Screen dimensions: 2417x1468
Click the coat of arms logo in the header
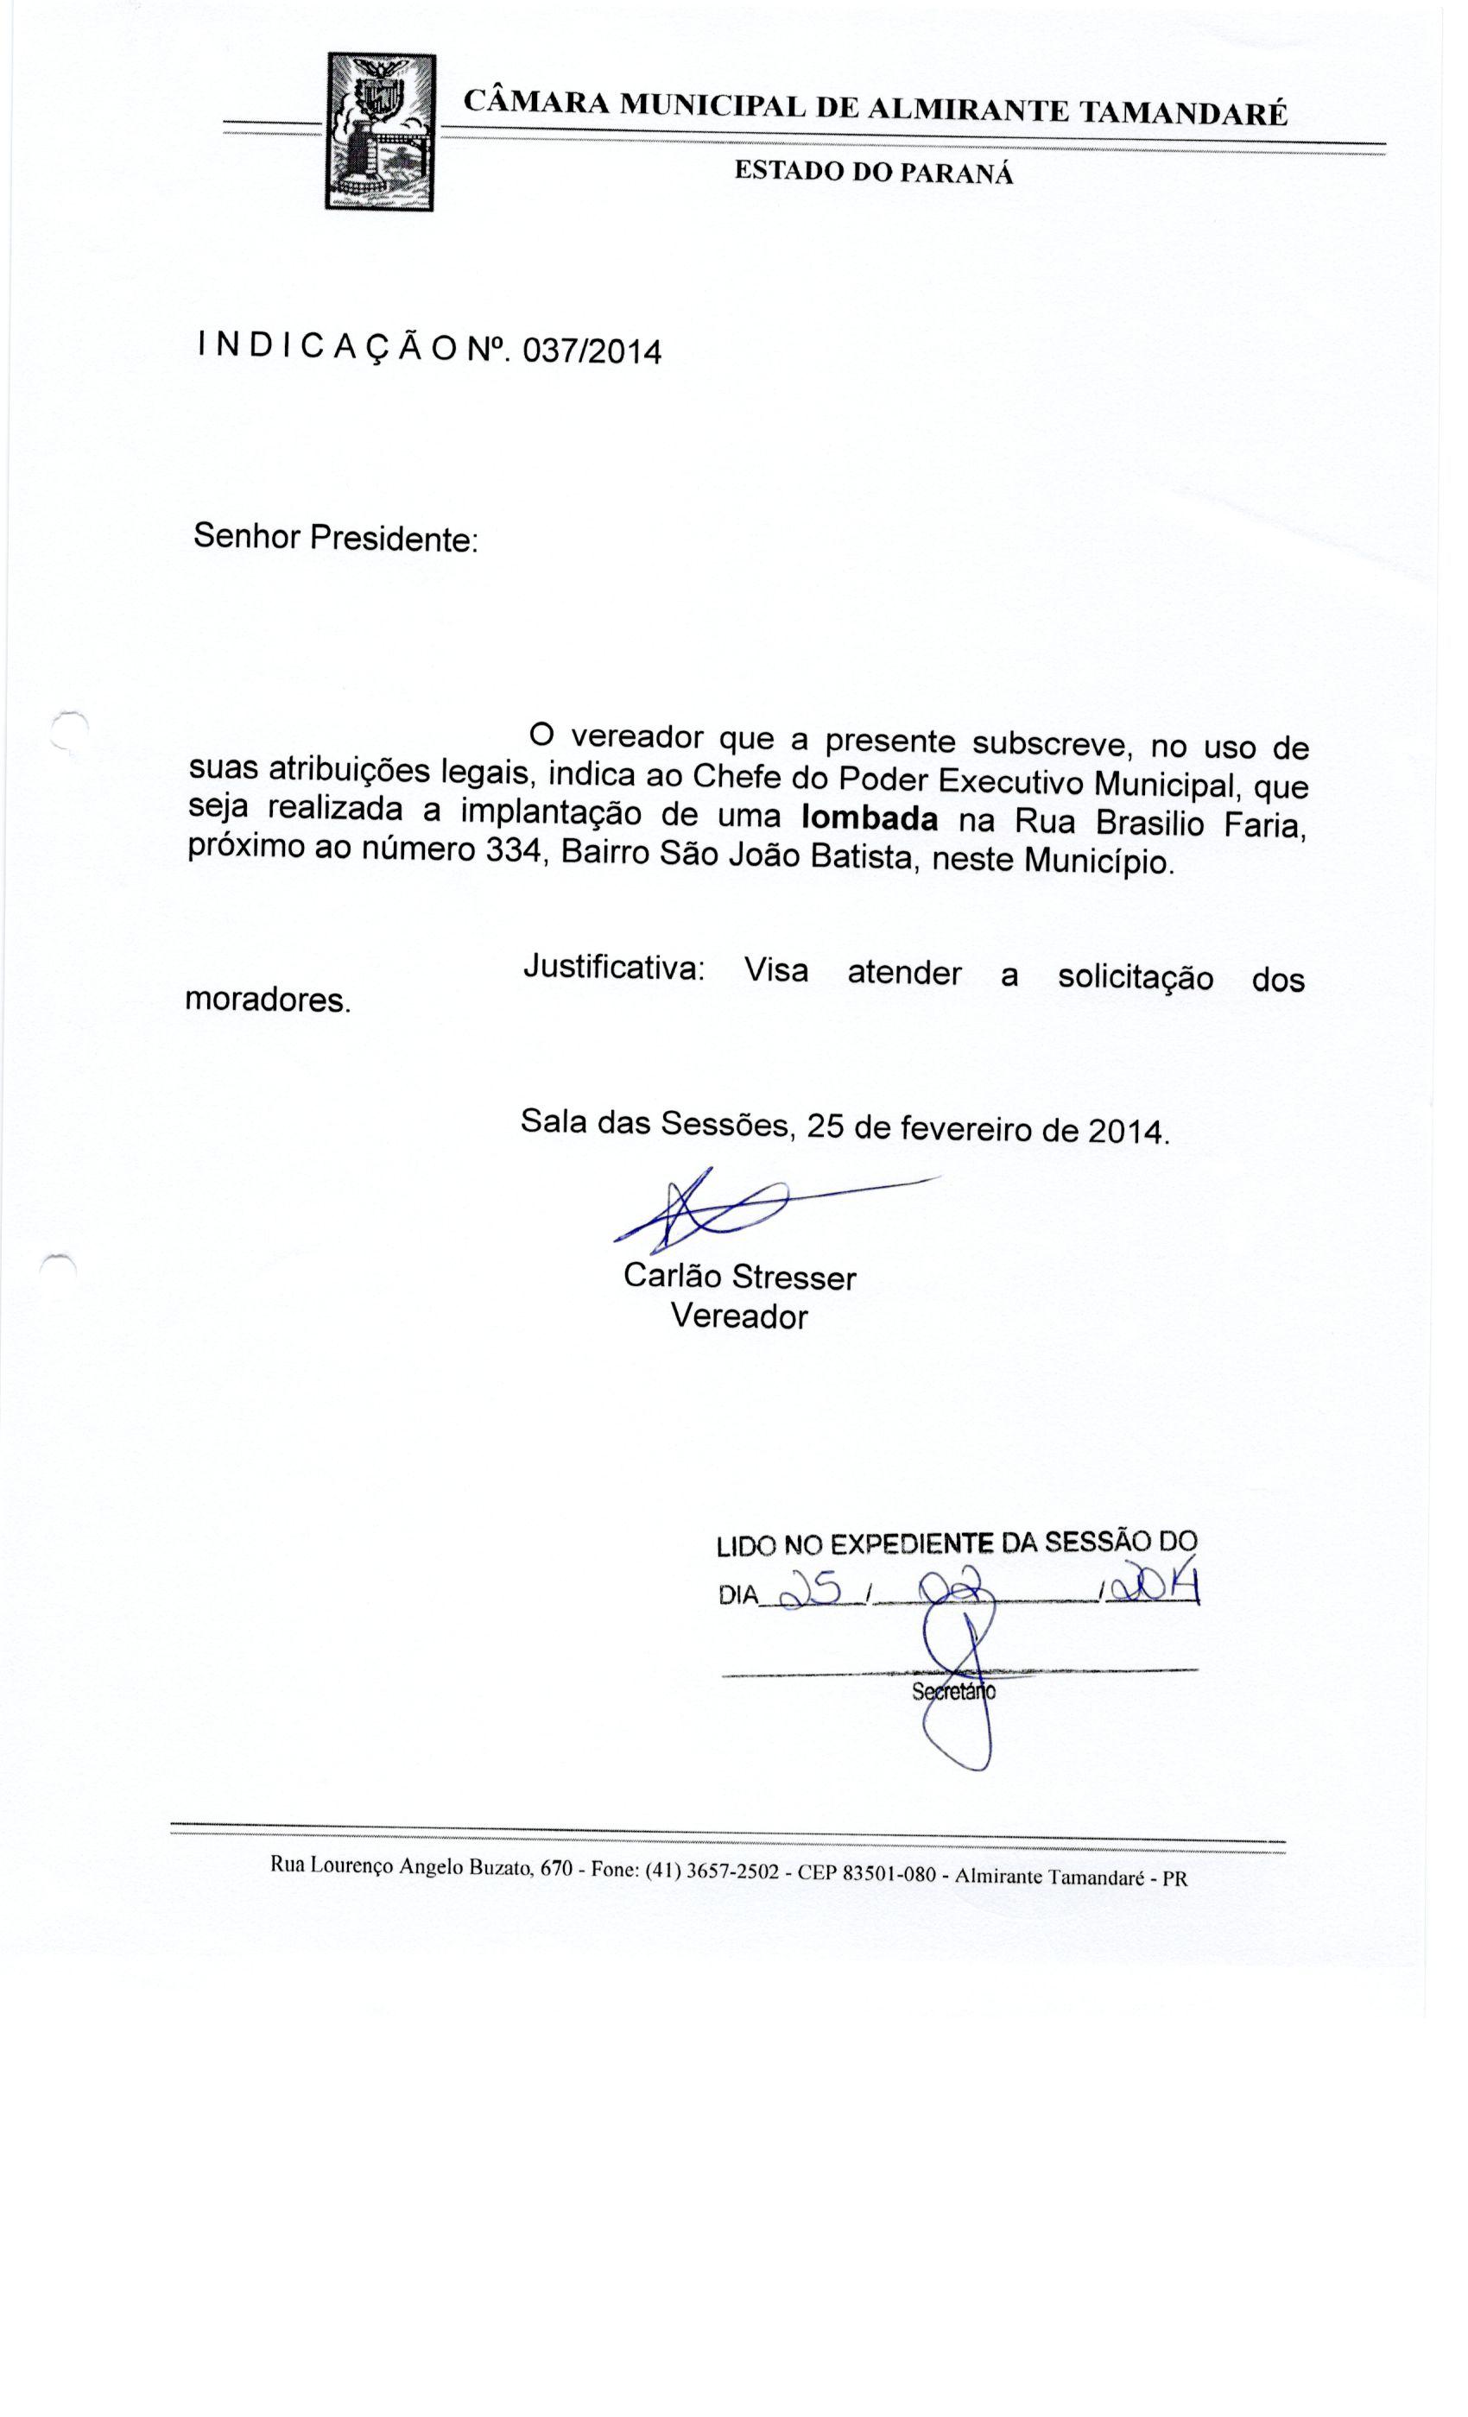point(380,130)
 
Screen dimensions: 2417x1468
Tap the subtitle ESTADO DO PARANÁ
point(873,174)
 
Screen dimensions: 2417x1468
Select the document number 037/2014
point(592,350)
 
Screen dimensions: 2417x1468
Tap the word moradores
point(268,1000)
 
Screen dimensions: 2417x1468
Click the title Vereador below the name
point(739,1316)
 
